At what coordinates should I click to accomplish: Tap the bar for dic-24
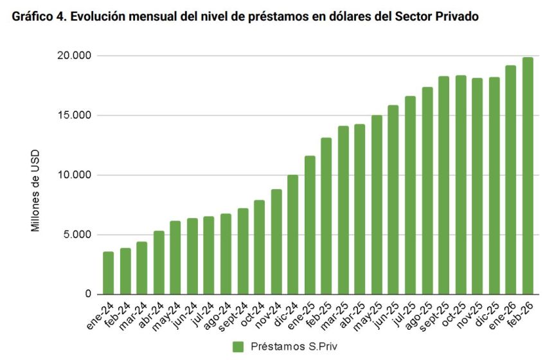[293, 234]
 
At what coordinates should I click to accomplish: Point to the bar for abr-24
[159, 262]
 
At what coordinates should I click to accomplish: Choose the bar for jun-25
[393, 199]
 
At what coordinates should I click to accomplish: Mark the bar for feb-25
[326, 216]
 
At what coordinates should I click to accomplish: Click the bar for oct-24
[259, 247]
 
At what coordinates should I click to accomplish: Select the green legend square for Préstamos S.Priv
[238, 346]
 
